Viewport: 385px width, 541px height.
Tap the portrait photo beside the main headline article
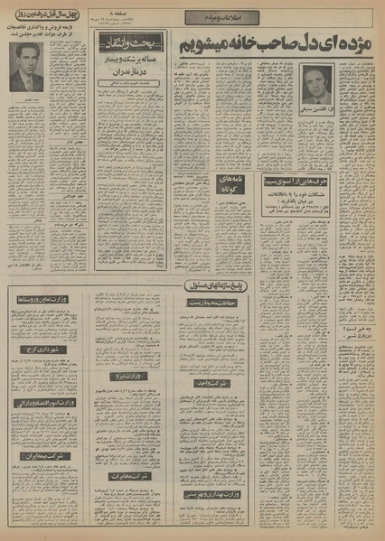point(315,83)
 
